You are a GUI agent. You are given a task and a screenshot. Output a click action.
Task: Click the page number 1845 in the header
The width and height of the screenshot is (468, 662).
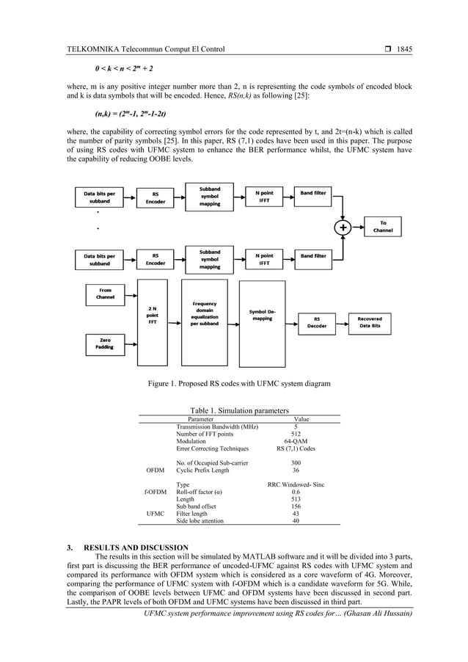pyautogui.click(x=404, y=49)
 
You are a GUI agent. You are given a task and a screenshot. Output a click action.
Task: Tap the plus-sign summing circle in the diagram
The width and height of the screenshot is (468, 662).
pyautogui.click(x=343, y=228)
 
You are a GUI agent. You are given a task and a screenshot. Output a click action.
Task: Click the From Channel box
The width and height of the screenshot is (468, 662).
pyautogui.click(x=105, y=294)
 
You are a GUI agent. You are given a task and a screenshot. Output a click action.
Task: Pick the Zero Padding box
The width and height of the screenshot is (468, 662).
pyautogui.click(x=105, y=343)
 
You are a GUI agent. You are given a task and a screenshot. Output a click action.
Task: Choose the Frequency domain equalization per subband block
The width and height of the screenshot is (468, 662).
pyautogui.click(x=204, y=315)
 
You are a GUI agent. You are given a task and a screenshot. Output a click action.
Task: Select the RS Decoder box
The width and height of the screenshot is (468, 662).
pyautogui.click(x=317, y=323)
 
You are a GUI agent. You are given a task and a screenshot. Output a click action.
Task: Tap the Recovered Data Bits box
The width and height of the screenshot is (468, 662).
pyautogui.click(x=369, y=323)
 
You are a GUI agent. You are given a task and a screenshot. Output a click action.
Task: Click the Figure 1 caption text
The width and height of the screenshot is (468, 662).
pyautogui.click(x=239, y=383)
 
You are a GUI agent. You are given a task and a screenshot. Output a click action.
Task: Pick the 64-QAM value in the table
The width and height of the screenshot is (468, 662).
pyautogui.click(x=296, y=442)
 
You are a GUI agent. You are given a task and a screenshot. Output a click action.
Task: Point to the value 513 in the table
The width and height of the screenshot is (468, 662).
pyautogui.click(x=296, y=499)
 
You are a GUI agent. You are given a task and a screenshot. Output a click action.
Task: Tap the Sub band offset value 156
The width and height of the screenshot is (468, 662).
pyautogui.click(x=296, y=506)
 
